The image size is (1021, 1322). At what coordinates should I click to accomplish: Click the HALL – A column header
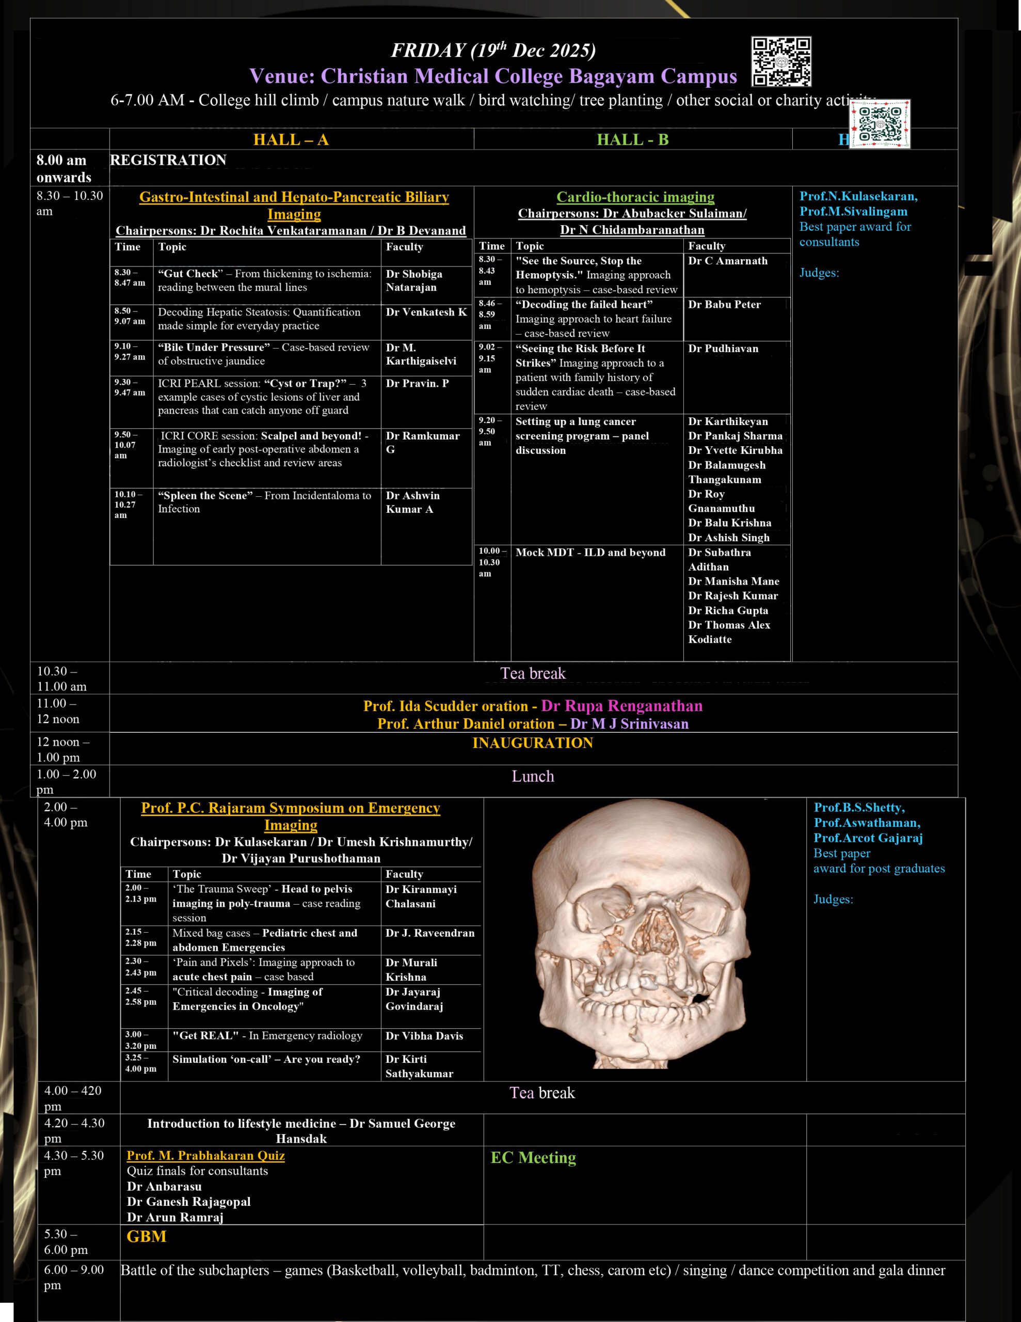point(291,140)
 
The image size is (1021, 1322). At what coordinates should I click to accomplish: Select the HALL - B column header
point(632,140)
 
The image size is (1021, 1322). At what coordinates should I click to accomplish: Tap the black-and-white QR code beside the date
point(781,62)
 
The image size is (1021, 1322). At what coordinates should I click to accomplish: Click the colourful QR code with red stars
point(880,124)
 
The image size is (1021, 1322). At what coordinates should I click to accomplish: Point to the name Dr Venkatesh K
point(426,312)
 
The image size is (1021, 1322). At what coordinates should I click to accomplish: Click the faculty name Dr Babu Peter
point(724,305)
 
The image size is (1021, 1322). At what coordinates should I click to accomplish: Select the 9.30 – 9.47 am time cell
point(130,387)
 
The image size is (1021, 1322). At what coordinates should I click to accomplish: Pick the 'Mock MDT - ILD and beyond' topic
point(590,553)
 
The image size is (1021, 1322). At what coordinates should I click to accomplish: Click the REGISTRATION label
point(168,161)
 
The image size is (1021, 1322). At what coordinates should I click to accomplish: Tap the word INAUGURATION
point(533,743)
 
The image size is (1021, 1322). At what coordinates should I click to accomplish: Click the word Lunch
point(533,776)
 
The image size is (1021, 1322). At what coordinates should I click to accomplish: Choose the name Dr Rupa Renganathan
point(621,706)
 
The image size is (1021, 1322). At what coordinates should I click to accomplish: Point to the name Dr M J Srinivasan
point(629,724)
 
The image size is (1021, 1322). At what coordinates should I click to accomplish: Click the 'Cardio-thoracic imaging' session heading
point(635,197)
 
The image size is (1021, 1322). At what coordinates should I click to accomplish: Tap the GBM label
point(147,1236)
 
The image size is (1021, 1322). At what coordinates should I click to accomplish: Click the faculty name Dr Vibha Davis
point(424,1036)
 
